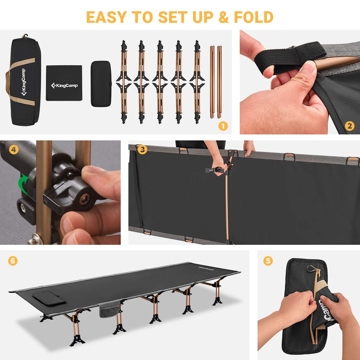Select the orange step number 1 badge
223,126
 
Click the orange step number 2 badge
350,126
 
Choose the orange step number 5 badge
268,261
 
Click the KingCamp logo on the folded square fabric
63,85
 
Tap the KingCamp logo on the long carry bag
23,83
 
